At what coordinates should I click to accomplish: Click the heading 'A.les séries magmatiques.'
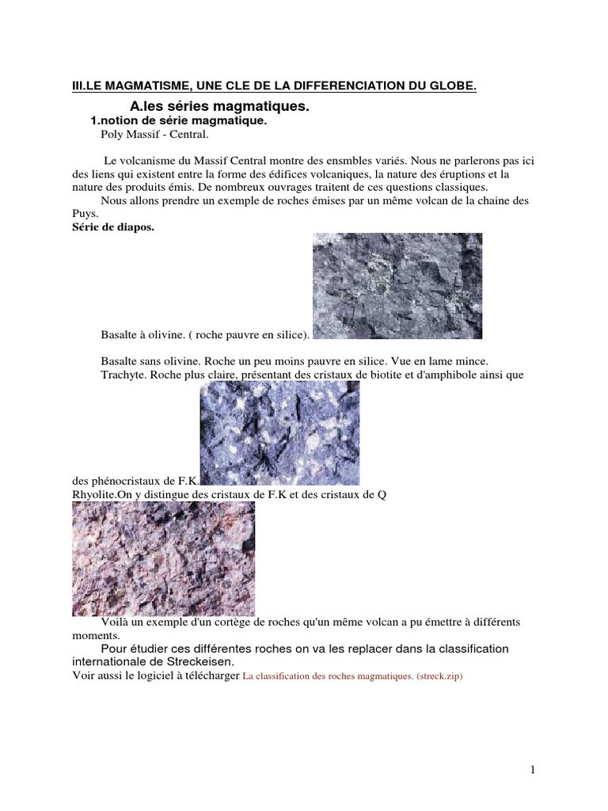[x=218, y=106]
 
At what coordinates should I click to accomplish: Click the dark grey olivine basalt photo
[x=397, y=285]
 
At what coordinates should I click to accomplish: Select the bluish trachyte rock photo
[x=279, y=432]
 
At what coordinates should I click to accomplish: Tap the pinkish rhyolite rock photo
[x=163, y=558]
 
